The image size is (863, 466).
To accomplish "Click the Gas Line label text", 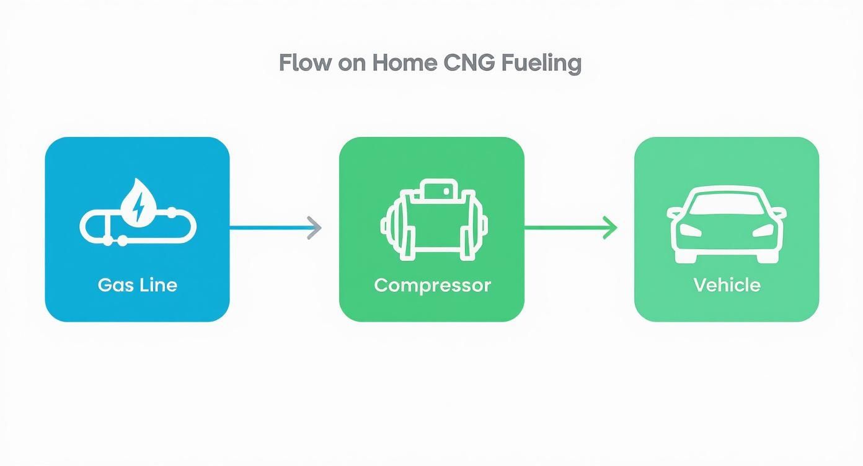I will click(138, 285).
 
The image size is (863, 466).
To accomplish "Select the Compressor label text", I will click(432, 285).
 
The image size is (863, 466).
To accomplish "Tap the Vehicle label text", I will click(727, 285).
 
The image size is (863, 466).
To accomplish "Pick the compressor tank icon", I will click(432, 220).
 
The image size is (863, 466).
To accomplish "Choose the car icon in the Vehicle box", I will click(727, 223).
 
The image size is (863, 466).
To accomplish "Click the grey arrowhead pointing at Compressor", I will click(315, 228).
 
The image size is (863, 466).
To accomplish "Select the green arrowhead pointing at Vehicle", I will click(610, 228).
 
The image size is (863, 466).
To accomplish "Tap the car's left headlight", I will click(690, 230).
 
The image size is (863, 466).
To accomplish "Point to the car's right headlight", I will click(763, 230).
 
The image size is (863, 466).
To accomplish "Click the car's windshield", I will click(727, 204).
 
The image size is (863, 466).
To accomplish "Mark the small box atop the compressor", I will click(432, 191).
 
